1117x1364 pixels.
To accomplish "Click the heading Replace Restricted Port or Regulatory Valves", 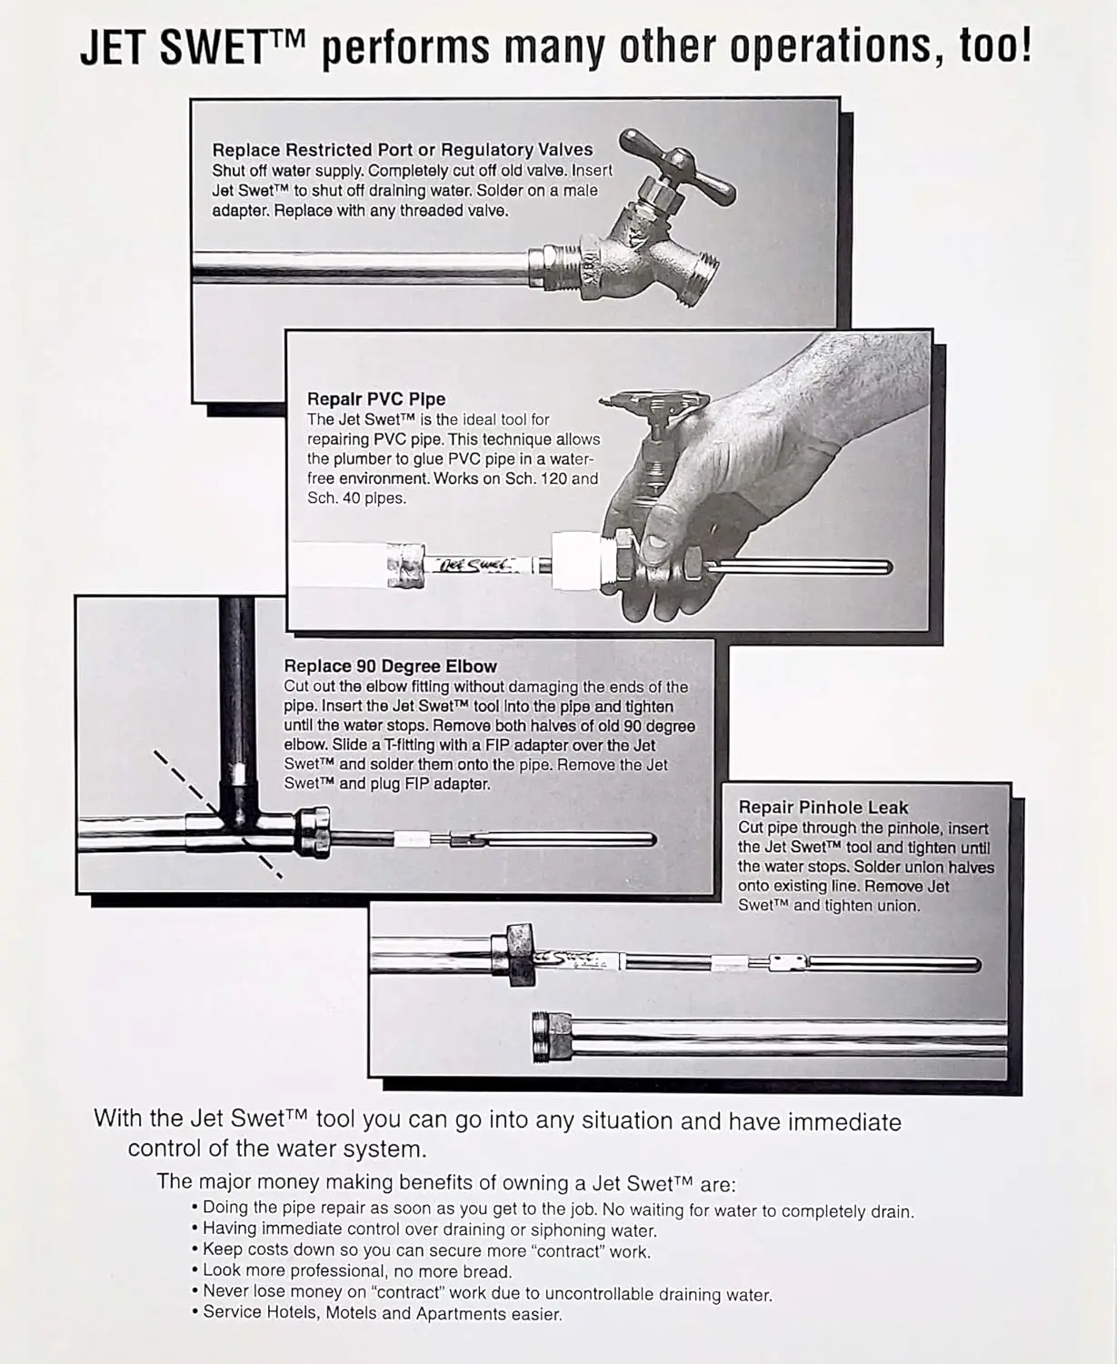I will [x=402, y=150].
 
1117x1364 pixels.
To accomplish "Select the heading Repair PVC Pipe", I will [x=376, y=399].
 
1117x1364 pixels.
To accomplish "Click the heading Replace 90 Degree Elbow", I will [x=391, y=667].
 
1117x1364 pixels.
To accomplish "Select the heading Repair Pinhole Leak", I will [x=823, y=807].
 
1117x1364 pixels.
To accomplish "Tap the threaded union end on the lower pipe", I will [x=550, y=1036].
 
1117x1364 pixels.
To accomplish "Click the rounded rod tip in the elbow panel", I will [x=649, y=838].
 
